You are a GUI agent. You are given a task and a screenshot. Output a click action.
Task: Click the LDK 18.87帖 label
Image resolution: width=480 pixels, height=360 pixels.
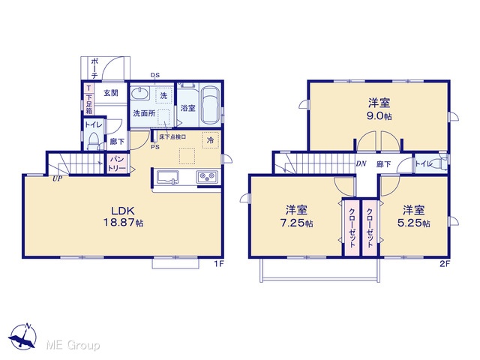123,217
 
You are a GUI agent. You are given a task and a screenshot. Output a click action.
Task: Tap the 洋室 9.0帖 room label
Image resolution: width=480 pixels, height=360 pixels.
379,109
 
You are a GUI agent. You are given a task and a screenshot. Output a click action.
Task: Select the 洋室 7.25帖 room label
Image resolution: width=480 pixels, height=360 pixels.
297,217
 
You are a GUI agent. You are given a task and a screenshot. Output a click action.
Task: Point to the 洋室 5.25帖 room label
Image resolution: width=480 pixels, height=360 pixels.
413,217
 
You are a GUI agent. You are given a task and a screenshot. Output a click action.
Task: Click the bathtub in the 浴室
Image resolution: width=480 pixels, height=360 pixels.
210,105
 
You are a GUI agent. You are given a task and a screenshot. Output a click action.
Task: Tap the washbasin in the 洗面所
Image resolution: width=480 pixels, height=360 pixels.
140,93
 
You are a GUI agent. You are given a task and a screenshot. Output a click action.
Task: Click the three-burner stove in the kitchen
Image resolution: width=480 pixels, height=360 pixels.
207,177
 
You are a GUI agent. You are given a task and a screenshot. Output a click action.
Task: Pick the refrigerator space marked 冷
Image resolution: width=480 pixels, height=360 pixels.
211,140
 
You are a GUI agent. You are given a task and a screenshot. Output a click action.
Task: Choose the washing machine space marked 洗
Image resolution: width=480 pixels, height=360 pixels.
163,95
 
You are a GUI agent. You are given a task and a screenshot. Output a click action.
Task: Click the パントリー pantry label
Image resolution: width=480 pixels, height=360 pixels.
117,164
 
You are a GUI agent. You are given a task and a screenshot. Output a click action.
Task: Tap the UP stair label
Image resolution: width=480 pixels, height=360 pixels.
57,179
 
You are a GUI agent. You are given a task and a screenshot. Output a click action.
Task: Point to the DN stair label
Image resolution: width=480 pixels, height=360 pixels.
361,163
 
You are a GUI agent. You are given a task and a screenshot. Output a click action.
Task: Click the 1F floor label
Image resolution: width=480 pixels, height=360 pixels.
219,263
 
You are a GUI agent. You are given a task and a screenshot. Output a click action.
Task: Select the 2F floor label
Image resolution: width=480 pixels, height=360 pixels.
445,263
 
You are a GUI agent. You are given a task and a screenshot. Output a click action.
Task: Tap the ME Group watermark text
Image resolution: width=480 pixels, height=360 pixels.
73,345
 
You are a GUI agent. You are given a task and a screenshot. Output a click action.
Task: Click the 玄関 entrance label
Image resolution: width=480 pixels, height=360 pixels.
110,93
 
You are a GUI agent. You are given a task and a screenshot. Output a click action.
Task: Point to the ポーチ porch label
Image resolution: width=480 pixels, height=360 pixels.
94,68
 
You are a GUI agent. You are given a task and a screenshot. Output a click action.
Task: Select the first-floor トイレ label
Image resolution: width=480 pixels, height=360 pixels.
93,125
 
